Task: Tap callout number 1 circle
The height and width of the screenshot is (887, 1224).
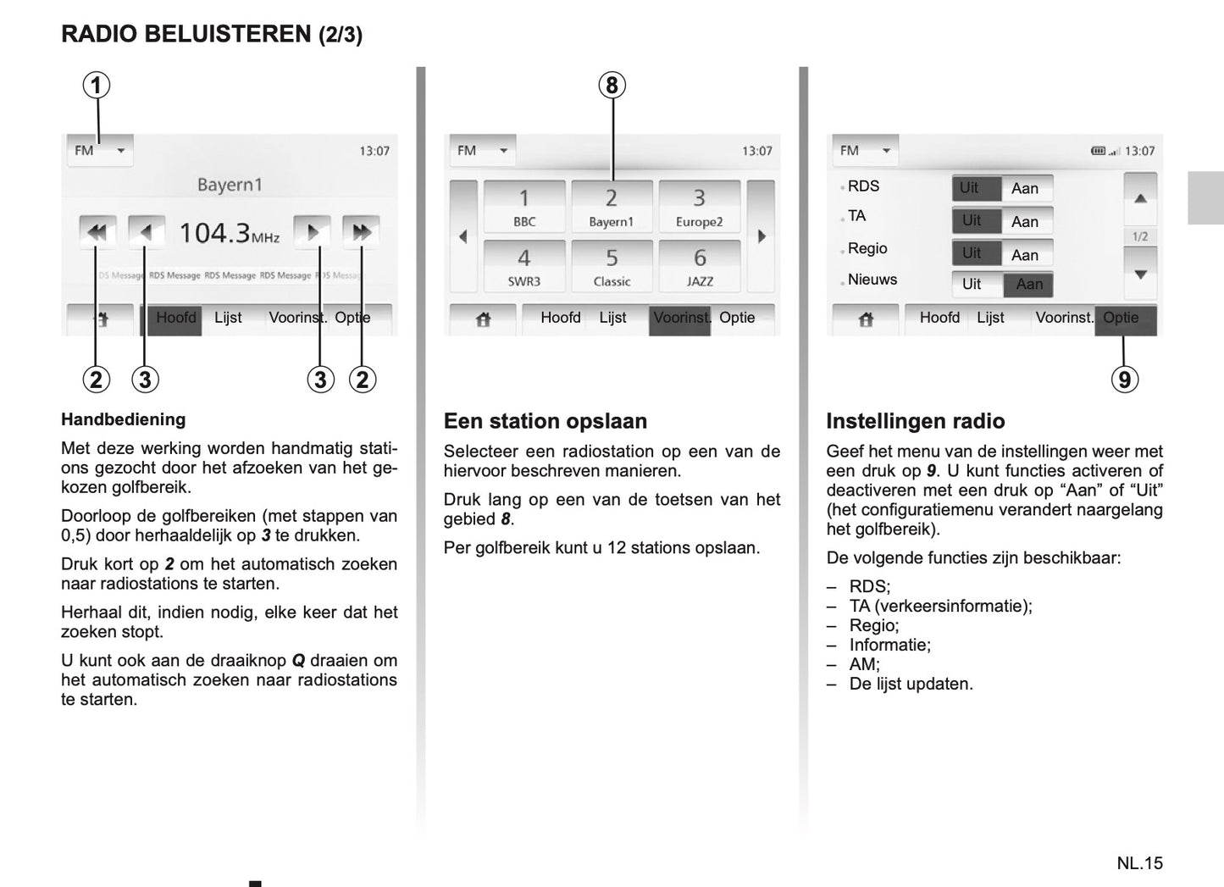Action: point(97,85)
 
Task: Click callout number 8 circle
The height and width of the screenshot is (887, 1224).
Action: point(612,85)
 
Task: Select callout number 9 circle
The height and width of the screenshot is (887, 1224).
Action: point(1124,380)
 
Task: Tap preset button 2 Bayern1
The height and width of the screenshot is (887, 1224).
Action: point(612,207)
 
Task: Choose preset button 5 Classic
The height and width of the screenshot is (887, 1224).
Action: point(612,266)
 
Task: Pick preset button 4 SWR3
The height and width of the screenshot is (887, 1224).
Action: point(524,266)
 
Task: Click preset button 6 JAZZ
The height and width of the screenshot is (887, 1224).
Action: point(700,266)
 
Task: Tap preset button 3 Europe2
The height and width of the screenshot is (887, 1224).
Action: point(700,207)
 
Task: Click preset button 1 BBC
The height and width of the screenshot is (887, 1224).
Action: point(524,207)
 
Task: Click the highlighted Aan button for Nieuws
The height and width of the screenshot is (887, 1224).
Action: point(1029,285)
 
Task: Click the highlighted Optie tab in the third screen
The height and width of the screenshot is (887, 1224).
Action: point(1125,319)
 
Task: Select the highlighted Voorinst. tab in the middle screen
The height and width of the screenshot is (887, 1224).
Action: point(679,319)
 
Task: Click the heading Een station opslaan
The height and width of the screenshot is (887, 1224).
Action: point(545,421)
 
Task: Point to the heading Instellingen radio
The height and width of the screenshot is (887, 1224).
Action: point(915,421)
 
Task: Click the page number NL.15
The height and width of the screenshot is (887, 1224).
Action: point(1139,862)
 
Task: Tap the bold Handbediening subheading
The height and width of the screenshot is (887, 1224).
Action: point(123,419)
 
